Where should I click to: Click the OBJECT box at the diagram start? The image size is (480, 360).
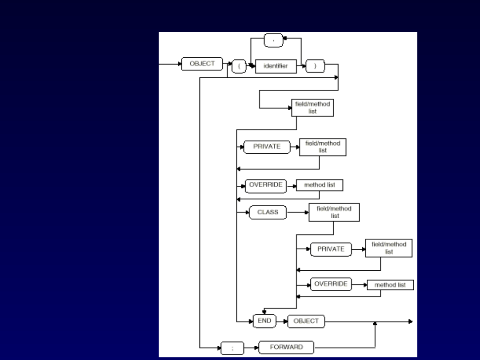click(x=202, y=64)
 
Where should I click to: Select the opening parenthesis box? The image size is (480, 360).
click(x=239, y=67)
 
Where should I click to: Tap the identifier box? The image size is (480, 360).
click(x=276, y=66)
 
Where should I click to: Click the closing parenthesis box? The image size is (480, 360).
click(x=315, y=66)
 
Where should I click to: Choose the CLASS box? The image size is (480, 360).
click(x=268, y=212)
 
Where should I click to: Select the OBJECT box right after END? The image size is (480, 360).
click(x=306, y=321)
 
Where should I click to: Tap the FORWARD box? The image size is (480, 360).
click(x=286, y=347)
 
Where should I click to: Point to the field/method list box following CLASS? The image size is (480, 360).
click(x=334, y=212)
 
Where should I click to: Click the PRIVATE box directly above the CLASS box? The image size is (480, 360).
click(x=267, y=147)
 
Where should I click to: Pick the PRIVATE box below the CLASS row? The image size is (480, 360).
click(x=331, y=249)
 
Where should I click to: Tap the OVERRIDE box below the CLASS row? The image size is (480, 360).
click(x=331, y=284)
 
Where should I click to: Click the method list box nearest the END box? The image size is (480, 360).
click(x=390, y=285)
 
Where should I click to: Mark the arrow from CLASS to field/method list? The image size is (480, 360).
click(x=298, y=212)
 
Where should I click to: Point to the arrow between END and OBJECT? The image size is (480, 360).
click(x=282, y=321)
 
